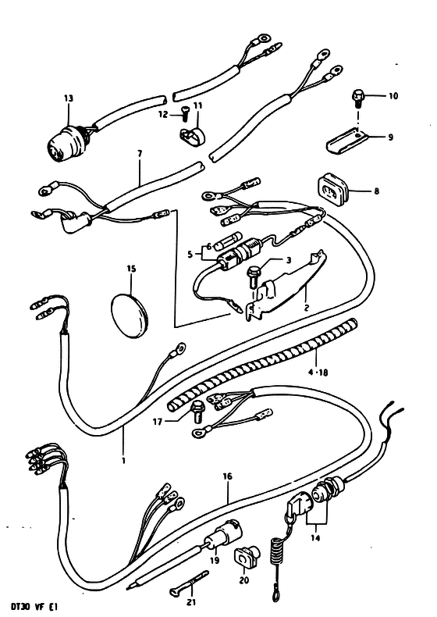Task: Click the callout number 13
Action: (x=69, y=98)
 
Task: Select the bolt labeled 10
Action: (x=357, y=98)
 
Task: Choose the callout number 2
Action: (x=307, y=307)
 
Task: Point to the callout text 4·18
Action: (x=318, y=372)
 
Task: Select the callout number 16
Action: (x=228, y=476)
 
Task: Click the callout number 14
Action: (x=315, y=537)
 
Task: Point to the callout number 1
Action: (x=123, y=460)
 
